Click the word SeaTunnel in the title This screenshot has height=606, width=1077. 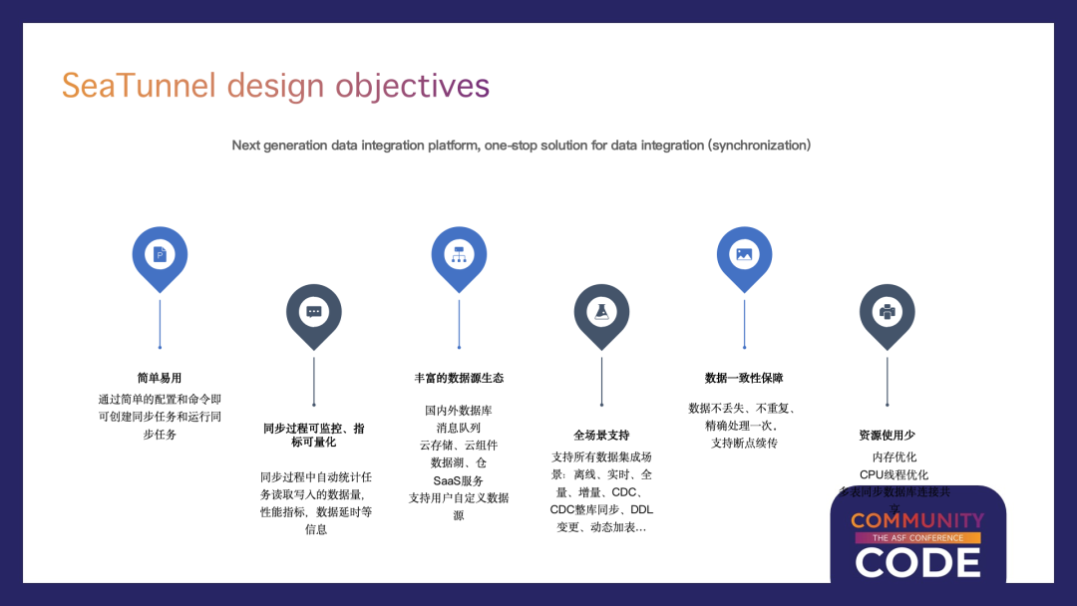click(x=139, y=86)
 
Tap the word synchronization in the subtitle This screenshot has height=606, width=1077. click(x=759, y=146)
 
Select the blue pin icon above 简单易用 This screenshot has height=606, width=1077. click(x=160, y=255)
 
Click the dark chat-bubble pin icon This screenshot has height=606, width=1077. click(x=314, y=312)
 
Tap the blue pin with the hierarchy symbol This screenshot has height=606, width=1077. click(x=459, y=255)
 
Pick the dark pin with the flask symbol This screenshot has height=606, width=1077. click(x=601, y=312)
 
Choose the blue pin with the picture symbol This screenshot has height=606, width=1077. click(x=744, y=255)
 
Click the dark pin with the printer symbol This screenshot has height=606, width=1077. click(x=888, y=312)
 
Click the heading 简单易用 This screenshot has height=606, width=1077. click(x=160, y=379)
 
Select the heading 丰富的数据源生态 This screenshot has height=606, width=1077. click(x=459, y=379)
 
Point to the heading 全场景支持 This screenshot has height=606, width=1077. click(x=601, y=436)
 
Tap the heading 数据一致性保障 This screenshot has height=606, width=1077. click(x=744, y=379)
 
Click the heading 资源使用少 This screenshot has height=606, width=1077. click(x=888, y=436)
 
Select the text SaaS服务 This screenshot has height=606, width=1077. click(x=459, y=480)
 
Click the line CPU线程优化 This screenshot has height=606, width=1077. click(x=895, y=474)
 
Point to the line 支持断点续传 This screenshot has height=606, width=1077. click(x=744, y=443)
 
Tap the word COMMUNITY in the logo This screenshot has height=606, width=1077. click(x=917, y=520)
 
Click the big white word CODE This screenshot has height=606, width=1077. click(x=917, y=562)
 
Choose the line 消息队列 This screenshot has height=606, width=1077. click(x=459, y=428)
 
